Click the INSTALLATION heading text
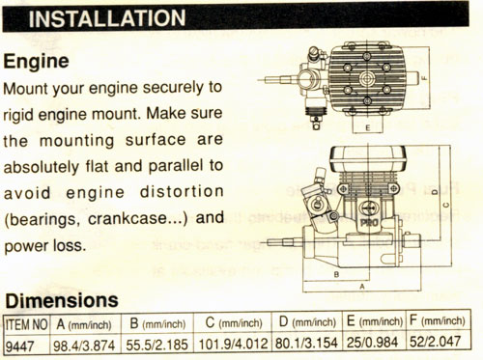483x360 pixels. [107, 18]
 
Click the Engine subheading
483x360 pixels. [37, 61]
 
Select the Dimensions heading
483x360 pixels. [62, 300]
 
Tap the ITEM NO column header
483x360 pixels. [27, 324]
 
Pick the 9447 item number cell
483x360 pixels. [19, 346]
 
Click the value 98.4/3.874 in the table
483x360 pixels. [84, 346]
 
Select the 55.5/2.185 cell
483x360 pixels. [156, 345]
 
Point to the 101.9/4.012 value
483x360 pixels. [233, 344]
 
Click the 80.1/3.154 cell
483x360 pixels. [306, 343]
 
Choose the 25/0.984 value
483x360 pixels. [372, 343]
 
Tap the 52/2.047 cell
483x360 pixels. [435, 342]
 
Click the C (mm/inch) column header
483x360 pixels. [234, 322]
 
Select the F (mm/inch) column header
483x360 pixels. [438, 320]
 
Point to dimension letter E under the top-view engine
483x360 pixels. [368, 127]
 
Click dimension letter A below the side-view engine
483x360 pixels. [362, 287]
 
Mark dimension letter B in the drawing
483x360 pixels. [336, 274]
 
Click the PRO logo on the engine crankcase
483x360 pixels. [369, 222]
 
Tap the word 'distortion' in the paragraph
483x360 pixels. [182, 192]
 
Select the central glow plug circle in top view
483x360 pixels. [367, 78]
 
